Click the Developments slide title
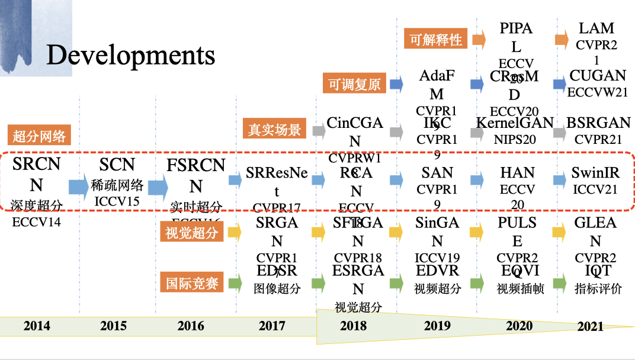(130, 55)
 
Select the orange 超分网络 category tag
(40, 136)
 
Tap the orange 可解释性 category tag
(437, 40)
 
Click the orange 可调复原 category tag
(354, 83)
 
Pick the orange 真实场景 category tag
(275, 129)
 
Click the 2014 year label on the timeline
(37, 326)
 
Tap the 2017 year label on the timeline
(271, 326)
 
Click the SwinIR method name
(595, 173)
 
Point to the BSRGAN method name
(599, 123)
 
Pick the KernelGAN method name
(515, 123)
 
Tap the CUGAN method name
(598, 76)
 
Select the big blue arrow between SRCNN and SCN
(78, 187)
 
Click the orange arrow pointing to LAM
(562, 40)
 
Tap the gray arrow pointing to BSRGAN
(559, 132)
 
